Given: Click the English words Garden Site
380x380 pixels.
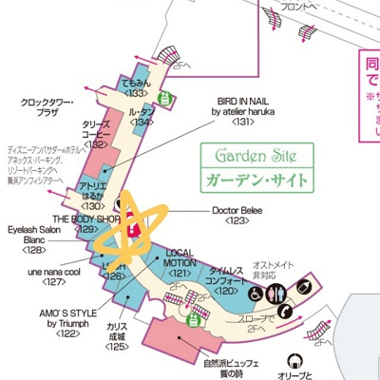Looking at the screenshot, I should pos(255,155).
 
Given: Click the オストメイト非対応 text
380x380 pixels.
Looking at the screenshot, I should pos(270,272).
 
